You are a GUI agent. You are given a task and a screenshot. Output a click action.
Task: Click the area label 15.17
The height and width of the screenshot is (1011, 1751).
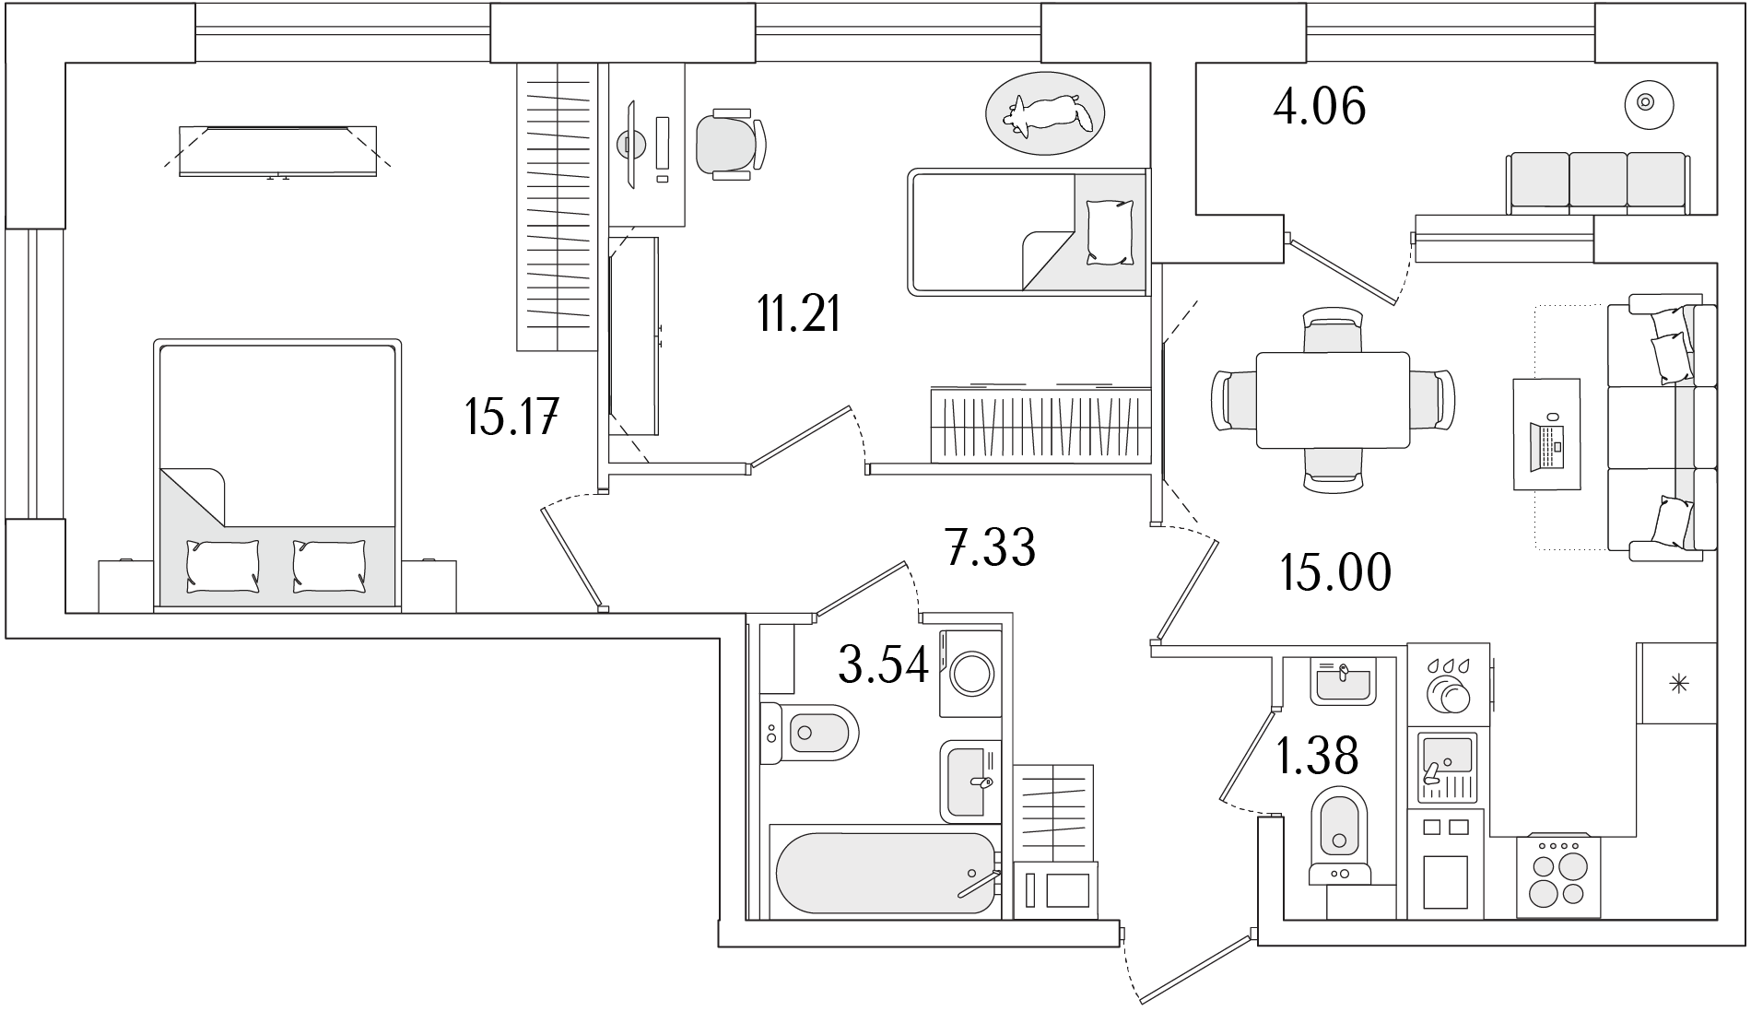512,419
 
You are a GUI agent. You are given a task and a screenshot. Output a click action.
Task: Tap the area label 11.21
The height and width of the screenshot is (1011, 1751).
798,315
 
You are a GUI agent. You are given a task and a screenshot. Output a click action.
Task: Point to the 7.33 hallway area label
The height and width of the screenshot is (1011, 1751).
991,547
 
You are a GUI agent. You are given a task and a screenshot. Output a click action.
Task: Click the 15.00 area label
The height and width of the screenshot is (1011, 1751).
1335,573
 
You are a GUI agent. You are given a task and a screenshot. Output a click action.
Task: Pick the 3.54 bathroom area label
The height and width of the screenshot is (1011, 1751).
883,664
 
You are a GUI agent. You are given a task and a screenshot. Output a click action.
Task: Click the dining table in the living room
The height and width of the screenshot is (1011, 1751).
1333,399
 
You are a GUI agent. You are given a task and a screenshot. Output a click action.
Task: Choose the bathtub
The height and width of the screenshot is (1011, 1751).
887,872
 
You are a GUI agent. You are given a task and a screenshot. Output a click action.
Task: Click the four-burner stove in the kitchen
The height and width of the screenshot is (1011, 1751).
1558,876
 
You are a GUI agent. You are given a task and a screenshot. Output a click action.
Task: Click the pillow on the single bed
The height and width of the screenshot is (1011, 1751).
1110,232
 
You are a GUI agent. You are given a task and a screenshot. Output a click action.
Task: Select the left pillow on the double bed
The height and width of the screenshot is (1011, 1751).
223,565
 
